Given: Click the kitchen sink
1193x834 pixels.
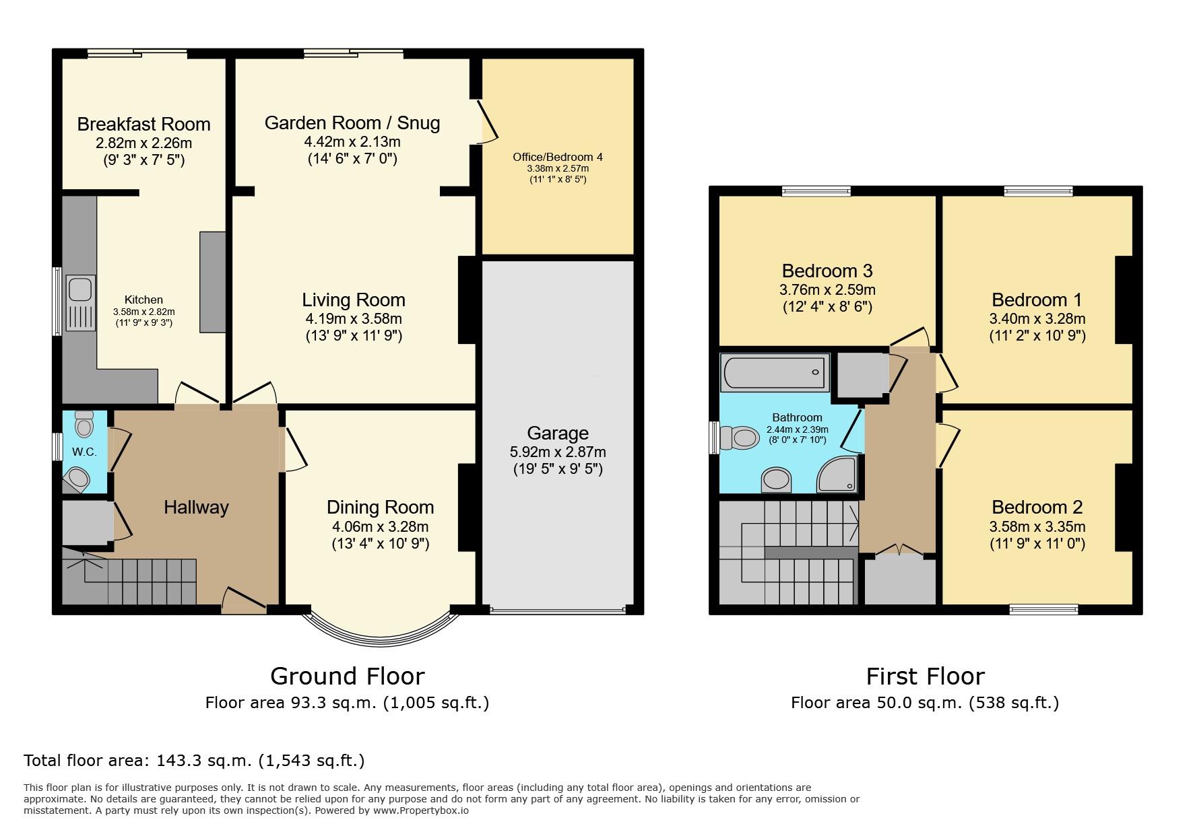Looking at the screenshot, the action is coord(80,304).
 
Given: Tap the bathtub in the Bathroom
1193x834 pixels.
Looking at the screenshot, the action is coord(775,372).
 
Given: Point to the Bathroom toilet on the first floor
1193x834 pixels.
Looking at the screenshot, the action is coord(739,438).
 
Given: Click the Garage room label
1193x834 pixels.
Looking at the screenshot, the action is coord(558,433).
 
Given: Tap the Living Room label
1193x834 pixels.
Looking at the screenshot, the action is coord(354,300).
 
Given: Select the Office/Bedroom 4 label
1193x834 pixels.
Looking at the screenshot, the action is coord(558,157).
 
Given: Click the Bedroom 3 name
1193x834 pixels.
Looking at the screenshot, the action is coord(827,271).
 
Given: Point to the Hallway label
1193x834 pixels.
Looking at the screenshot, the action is coord(196,507).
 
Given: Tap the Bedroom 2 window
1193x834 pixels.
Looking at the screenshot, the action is coord(1043,610).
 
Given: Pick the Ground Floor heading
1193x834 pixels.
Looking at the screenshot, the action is coord(348,676).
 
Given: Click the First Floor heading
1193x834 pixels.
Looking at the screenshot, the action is coord(926,676).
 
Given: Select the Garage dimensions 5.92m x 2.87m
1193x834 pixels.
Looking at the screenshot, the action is coord(558,452).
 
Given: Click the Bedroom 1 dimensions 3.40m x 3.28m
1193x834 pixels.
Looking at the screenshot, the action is coord(1037,318).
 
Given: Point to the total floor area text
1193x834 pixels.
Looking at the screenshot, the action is coord(194,761).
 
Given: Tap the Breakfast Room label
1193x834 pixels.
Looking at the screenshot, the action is coord(143,124).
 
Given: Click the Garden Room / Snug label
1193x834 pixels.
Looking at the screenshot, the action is coord(352,123).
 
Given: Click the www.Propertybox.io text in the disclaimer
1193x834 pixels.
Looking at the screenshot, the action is coord(421,810).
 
